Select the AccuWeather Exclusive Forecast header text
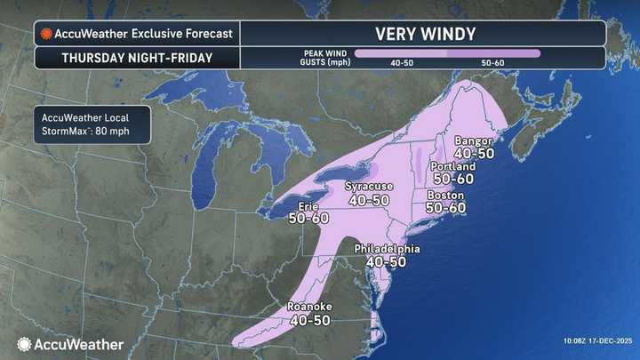(x=143, y=34)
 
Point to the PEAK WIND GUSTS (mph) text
(x=323, y=58)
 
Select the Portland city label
(x=452, y=166)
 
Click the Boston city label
(x=445, y=195)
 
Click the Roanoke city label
(x=310, y=308)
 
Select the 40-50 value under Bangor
(x=474, y=153)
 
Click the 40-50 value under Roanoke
(x=310, y=320)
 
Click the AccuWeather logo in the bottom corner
(x=71, y=343)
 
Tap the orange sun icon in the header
(x=45, y=34)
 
